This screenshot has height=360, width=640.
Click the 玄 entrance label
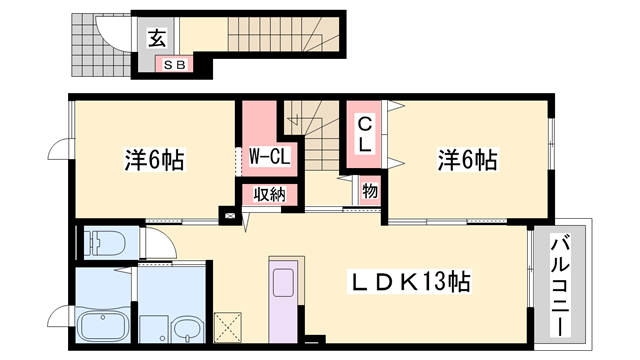pos(157,39)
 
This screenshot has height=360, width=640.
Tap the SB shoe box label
pos(175,64)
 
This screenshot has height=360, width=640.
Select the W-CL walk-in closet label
pos(269,156)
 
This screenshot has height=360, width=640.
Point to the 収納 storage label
pos(269,195)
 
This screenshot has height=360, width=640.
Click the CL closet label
pos(364,135)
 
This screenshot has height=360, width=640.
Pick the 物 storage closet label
pos(370,191)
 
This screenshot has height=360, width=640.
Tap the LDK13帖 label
pos(409,281)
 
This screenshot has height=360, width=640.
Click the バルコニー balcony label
pos(560,285)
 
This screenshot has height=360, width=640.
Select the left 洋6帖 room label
pos(155,160)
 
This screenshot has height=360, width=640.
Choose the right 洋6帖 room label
pos(468,160)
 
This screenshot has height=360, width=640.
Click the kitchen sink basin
pos(283,282)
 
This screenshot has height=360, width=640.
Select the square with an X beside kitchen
pos(227,327)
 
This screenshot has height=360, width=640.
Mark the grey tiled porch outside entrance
pos(101,45)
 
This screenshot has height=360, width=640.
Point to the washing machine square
pos(153,329)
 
